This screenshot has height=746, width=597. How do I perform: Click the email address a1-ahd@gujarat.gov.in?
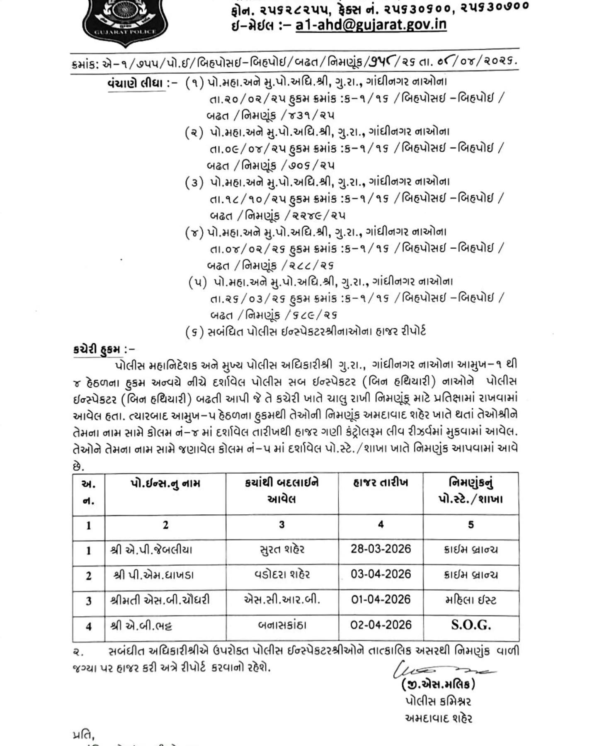tap(371, 25)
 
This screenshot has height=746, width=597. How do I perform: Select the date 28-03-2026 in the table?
tap(381, 549)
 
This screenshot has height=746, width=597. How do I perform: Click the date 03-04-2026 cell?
tap(381, 574)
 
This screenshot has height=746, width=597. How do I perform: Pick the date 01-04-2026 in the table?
tap(381, 600)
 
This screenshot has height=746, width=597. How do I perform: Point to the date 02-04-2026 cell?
tap(381, 625)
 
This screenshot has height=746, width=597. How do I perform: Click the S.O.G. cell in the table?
tap(471, 625)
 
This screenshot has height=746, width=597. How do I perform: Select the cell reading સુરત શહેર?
tap(282, 550)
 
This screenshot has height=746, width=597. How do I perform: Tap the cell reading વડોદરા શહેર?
tap(282, 575)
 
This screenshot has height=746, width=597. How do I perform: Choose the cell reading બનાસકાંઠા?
tap(282, 625)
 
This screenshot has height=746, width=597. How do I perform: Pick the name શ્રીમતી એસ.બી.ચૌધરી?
tap(160, 600)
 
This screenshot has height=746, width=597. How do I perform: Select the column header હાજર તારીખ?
tap(381, 483)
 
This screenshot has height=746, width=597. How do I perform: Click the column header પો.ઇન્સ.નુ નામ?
tap(165, 484)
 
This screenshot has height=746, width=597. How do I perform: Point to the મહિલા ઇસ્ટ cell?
tap(471, 600)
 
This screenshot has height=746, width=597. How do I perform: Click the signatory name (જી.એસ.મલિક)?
tap(439, 684)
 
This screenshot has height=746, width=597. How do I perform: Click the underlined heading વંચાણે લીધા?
tap(136, 83)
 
